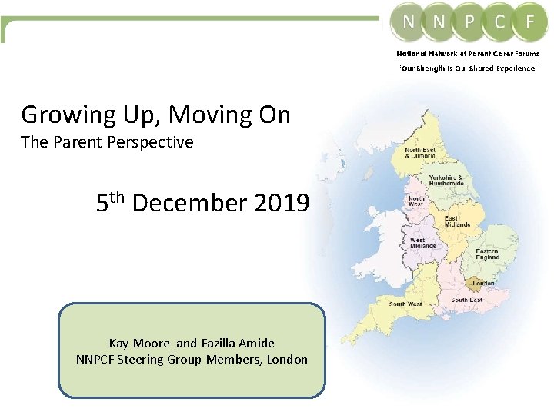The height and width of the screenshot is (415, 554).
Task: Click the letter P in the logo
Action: tap(469, 22)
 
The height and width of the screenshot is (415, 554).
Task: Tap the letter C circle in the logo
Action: tap(500, 22)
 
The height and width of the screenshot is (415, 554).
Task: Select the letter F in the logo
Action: tap(530, 22)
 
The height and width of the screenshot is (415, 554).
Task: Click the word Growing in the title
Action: tap(64, 115)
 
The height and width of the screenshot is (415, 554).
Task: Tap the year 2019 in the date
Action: tap(281, 204)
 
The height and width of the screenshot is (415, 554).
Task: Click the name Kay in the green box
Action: tap(119, 344)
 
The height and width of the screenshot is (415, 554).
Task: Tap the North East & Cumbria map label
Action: tap(419, 152)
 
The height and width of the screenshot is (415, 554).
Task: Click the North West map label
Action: tap(415, 201)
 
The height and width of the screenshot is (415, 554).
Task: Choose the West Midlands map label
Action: tap(422, 243)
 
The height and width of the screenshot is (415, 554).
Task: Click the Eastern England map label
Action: tap(486, 254)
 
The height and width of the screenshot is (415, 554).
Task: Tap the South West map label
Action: tap(405, 304)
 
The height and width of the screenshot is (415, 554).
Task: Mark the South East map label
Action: tap(466, 300)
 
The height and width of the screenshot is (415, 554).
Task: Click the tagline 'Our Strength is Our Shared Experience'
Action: tap(467, 69)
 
